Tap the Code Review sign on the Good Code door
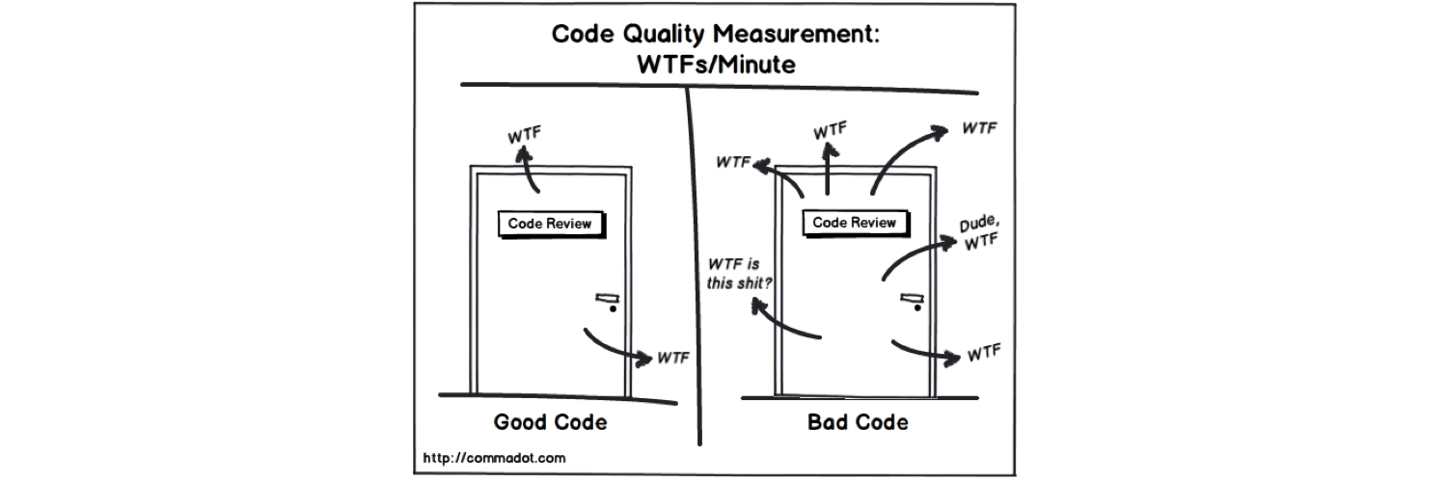[x=550, y=224]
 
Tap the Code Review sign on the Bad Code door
[x=854, y=223]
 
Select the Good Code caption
[x=551, y=422]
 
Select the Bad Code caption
[x=858, y=422]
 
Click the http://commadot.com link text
[x=495, y=458]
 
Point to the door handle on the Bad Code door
[x=912, y=300]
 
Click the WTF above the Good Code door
[x=525, y=132]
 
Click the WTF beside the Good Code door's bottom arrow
[x=673, y=358]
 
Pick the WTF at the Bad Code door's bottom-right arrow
[x=983, y=352]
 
